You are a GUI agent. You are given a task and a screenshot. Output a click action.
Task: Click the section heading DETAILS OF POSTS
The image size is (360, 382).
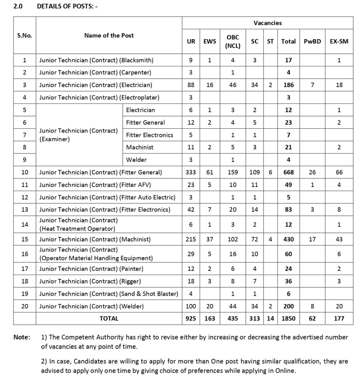tap(67, 7)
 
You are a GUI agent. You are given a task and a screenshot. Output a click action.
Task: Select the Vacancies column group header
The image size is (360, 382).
tap(267, 23)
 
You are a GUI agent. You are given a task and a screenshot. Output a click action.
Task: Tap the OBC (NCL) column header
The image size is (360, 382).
tap(233, 41)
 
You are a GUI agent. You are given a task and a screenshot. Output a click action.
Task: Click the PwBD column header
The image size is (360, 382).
tap(312, 41)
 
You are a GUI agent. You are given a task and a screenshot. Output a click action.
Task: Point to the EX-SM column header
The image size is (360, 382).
tap(339, 41)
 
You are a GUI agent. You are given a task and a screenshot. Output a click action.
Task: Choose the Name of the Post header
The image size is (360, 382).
tap(109, 35)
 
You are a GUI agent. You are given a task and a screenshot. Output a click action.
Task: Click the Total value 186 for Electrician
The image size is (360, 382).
tap(288, 85)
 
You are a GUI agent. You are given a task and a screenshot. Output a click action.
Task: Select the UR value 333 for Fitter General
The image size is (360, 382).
tap(191, 172)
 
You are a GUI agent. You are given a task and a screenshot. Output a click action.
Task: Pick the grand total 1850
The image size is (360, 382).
tap(288, 319)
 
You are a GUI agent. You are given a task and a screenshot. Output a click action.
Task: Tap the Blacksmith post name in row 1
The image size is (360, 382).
tap(96, 60)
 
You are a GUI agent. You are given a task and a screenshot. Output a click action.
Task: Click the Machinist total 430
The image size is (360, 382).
tap(288, 239)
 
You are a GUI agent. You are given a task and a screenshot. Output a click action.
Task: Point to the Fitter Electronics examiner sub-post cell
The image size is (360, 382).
tap(149, 135)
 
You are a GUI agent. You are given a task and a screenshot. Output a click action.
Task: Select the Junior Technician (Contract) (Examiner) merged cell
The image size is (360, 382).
tap(78, 135)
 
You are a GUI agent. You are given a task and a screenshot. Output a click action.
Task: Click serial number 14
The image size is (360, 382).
tap(25, 225)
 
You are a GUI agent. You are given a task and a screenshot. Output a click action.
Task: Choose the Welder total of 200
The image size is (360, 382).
tap(288, 306)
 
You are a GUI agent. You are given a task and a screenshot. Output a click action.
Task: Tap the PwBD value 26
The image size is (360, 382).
tap(312, 172)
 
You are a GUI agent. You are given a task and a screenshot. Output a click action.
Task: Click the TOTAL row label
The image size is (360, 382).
tap(109, 319)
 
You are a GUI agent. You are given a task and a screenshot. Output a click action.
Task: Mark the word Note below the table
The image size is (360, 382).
tap(22, 337)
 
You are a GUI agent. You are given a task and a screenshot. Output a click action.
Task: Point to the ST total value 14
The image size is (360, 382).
tap(270, 319)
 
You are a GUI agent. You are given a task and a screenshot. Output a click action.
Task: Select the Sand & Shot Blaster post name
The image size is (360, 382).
tap(109, 294)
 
